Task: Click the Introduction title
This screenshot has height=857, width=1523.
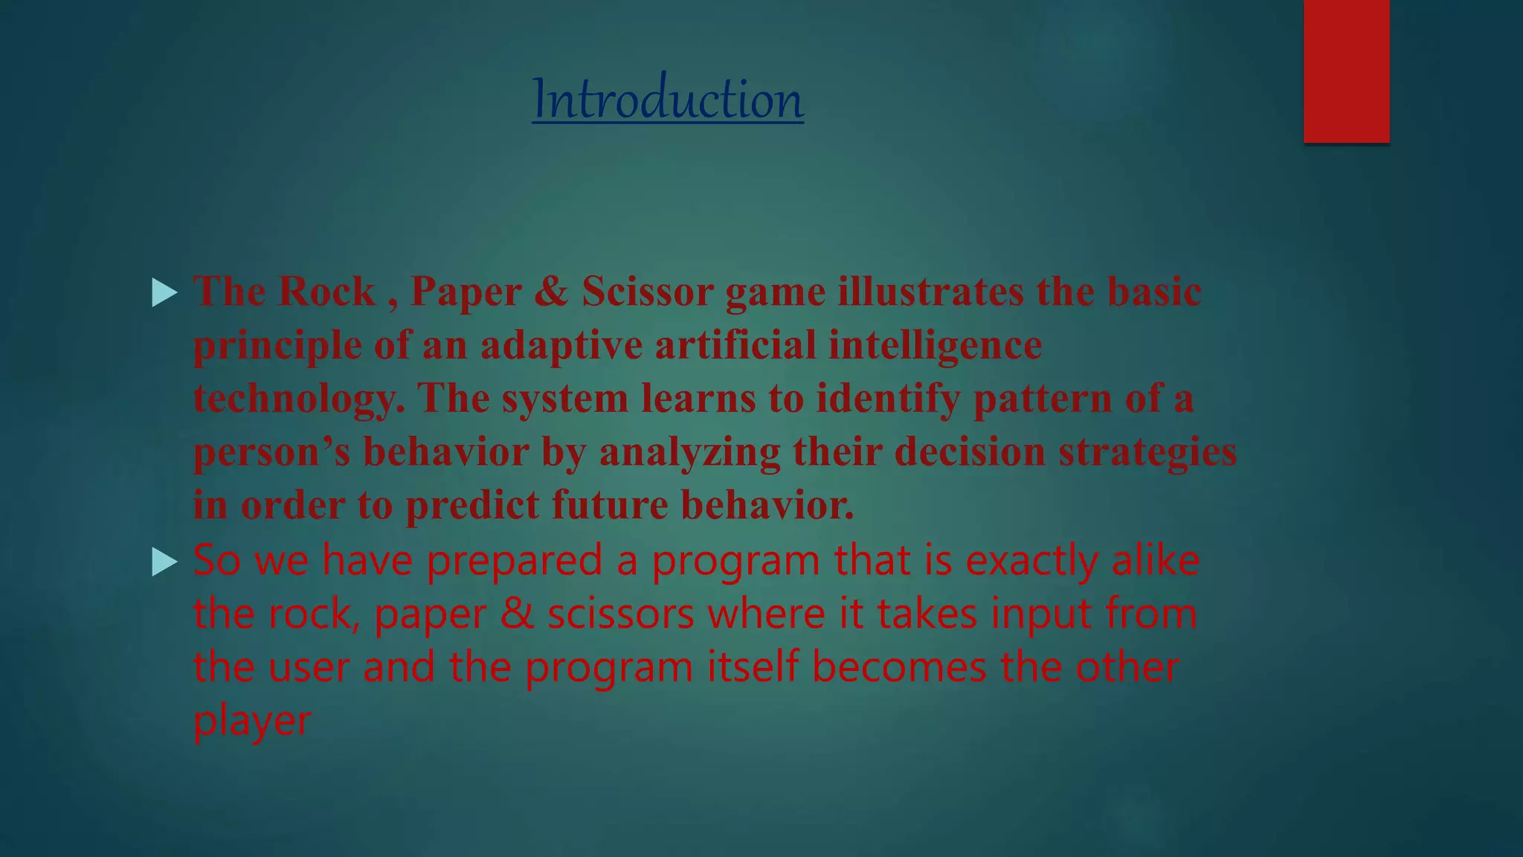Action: [x=667, y=99]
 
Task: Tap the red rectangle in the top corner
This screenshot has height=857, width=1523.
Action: [x=1346, y=71]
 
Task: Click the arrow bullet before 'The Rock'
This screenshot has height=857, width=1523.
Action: [x=164, y=292]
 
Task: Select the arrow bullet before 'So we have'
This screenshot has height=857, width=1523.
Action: [x=164, y=562]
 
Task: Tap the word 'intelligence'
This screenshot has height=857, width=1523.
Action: [x=935, y=345]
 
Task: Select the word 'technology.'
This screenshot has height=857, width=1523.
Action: [x=299, y=399]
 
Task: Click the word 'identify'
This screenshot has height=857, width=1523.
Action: [x=889, y=399]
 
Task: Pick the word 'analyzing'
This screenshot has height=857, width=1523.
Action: [x=689, y=452]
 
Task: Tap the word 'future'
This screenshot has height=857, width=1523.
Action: [x=610, y=506]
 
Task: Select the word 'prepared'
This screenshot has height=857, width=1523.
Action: [x=514, y=561]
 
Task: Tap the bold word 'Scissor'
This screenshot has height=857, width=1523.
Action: [x=648, y=291]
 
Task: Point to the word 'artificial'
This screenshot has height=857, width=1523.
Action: [x=735, y=345]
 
